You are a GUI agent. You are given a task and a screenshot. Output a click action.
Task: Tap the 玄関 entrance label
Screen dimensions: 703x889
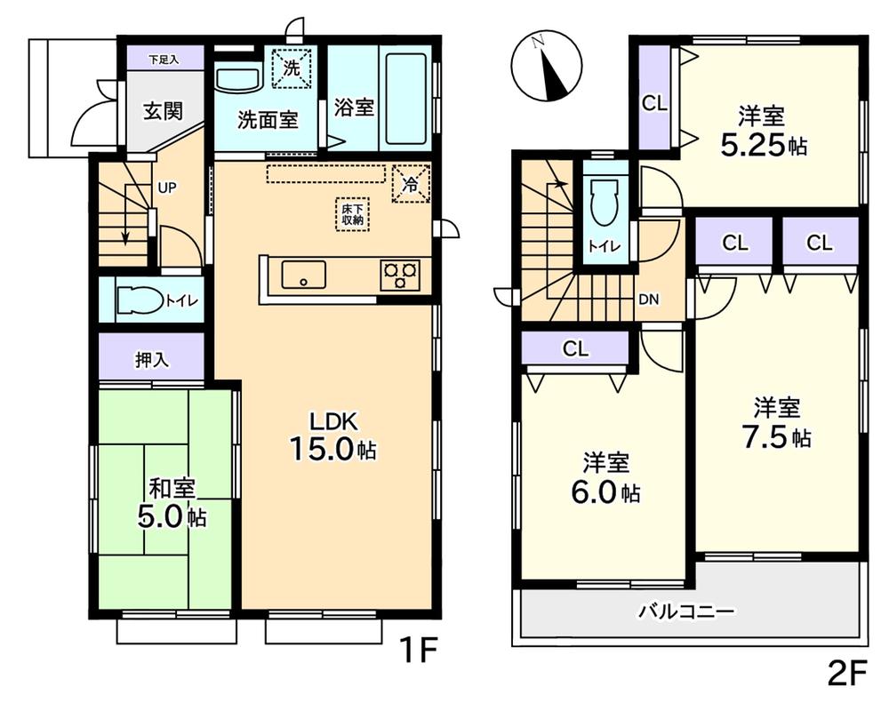point(163,111)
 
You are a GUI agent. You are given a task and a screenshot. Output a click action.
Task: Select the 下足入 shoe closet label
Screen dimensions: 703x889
point(164,60)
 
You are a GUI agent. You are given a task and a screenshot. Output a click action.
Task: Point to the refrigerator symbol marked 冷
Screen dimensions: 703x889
point(410,184)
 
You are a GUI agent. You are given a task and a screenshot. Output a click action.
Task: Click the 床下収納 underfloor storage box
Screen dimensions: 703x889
point(353,214)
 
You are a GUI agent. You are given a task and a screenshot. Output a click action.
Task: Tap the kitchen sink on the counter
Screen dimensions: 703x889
point(303,275)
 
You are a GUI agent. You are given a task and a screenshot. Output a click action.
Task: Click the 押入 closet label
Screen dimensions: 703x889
point(151,359)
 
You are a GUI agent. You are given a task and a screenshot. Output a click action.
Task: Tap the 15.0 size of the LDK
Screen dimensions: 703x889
point(323,449)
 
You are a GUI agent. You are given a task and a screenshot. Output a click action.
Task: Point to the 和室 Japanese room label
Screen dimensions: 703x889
point(172,488)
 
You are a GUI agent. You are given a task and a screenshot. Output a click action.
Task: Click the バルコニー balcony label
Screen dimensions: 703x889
point(685,611)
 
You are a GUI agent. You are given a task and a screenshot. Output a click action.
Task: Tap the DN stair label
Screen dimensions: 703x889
point(649,300)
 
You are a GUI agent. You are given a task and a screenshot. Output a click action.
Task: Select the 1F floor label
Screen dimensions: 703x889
point(417,654)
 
